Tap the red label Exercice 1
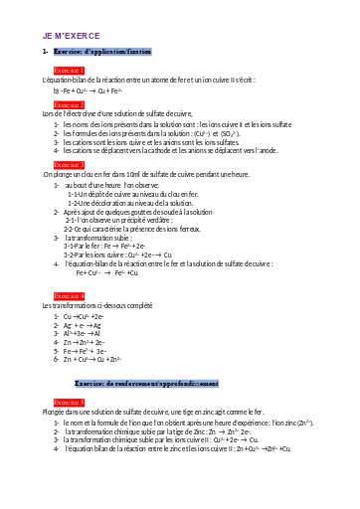(x=70, y=71)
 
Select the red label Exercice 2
(x=70, y=103)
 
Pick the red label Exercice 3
(x=70, y=165)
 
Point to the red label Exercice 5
(x=70, y=402)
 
